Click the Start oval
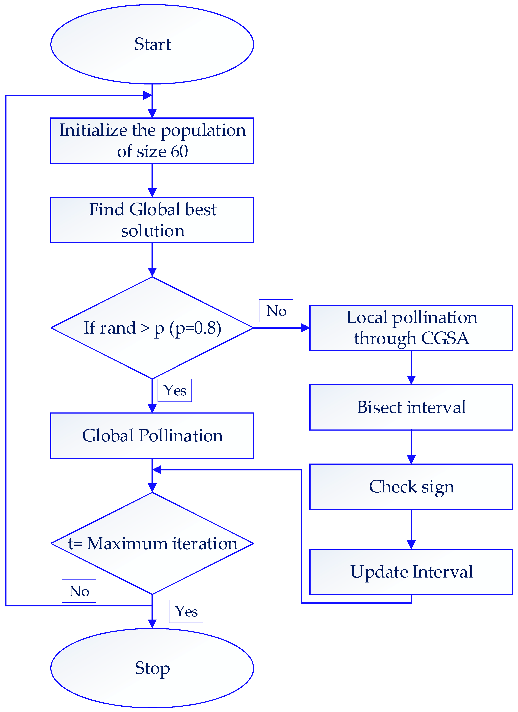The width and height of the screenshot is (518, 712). pyautogui.click(x=152, y=44)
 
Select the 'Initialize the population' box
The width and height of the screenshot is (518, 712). pyautogui.click(x=152, y=141)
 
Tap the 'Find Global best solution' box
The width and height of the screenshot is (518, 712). pyautogui.click(x=152, y=220)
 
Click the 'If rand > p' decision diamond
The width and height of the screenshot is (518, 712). pyautogui.click(x=152, y=328)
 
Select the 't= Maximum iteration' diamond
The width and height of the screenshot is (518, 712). pyautogui.click(x=152, y=543)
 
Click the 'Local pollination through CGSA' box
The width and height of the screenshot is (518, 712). pyautogui.click(x=411, y=328)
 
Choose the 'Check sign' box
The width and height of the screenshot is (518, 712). pyautogui.click(x=411, y=487)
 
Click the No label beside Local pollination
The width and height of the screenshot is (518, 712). pyautogui.click(x=276, y=311)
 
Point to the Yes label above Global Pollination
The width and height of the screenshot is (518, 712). pyautogui.click(x=175, y=390)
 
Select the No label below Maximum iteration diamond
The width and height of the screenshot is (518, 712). pyautogui.click(x=79, y=591)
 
